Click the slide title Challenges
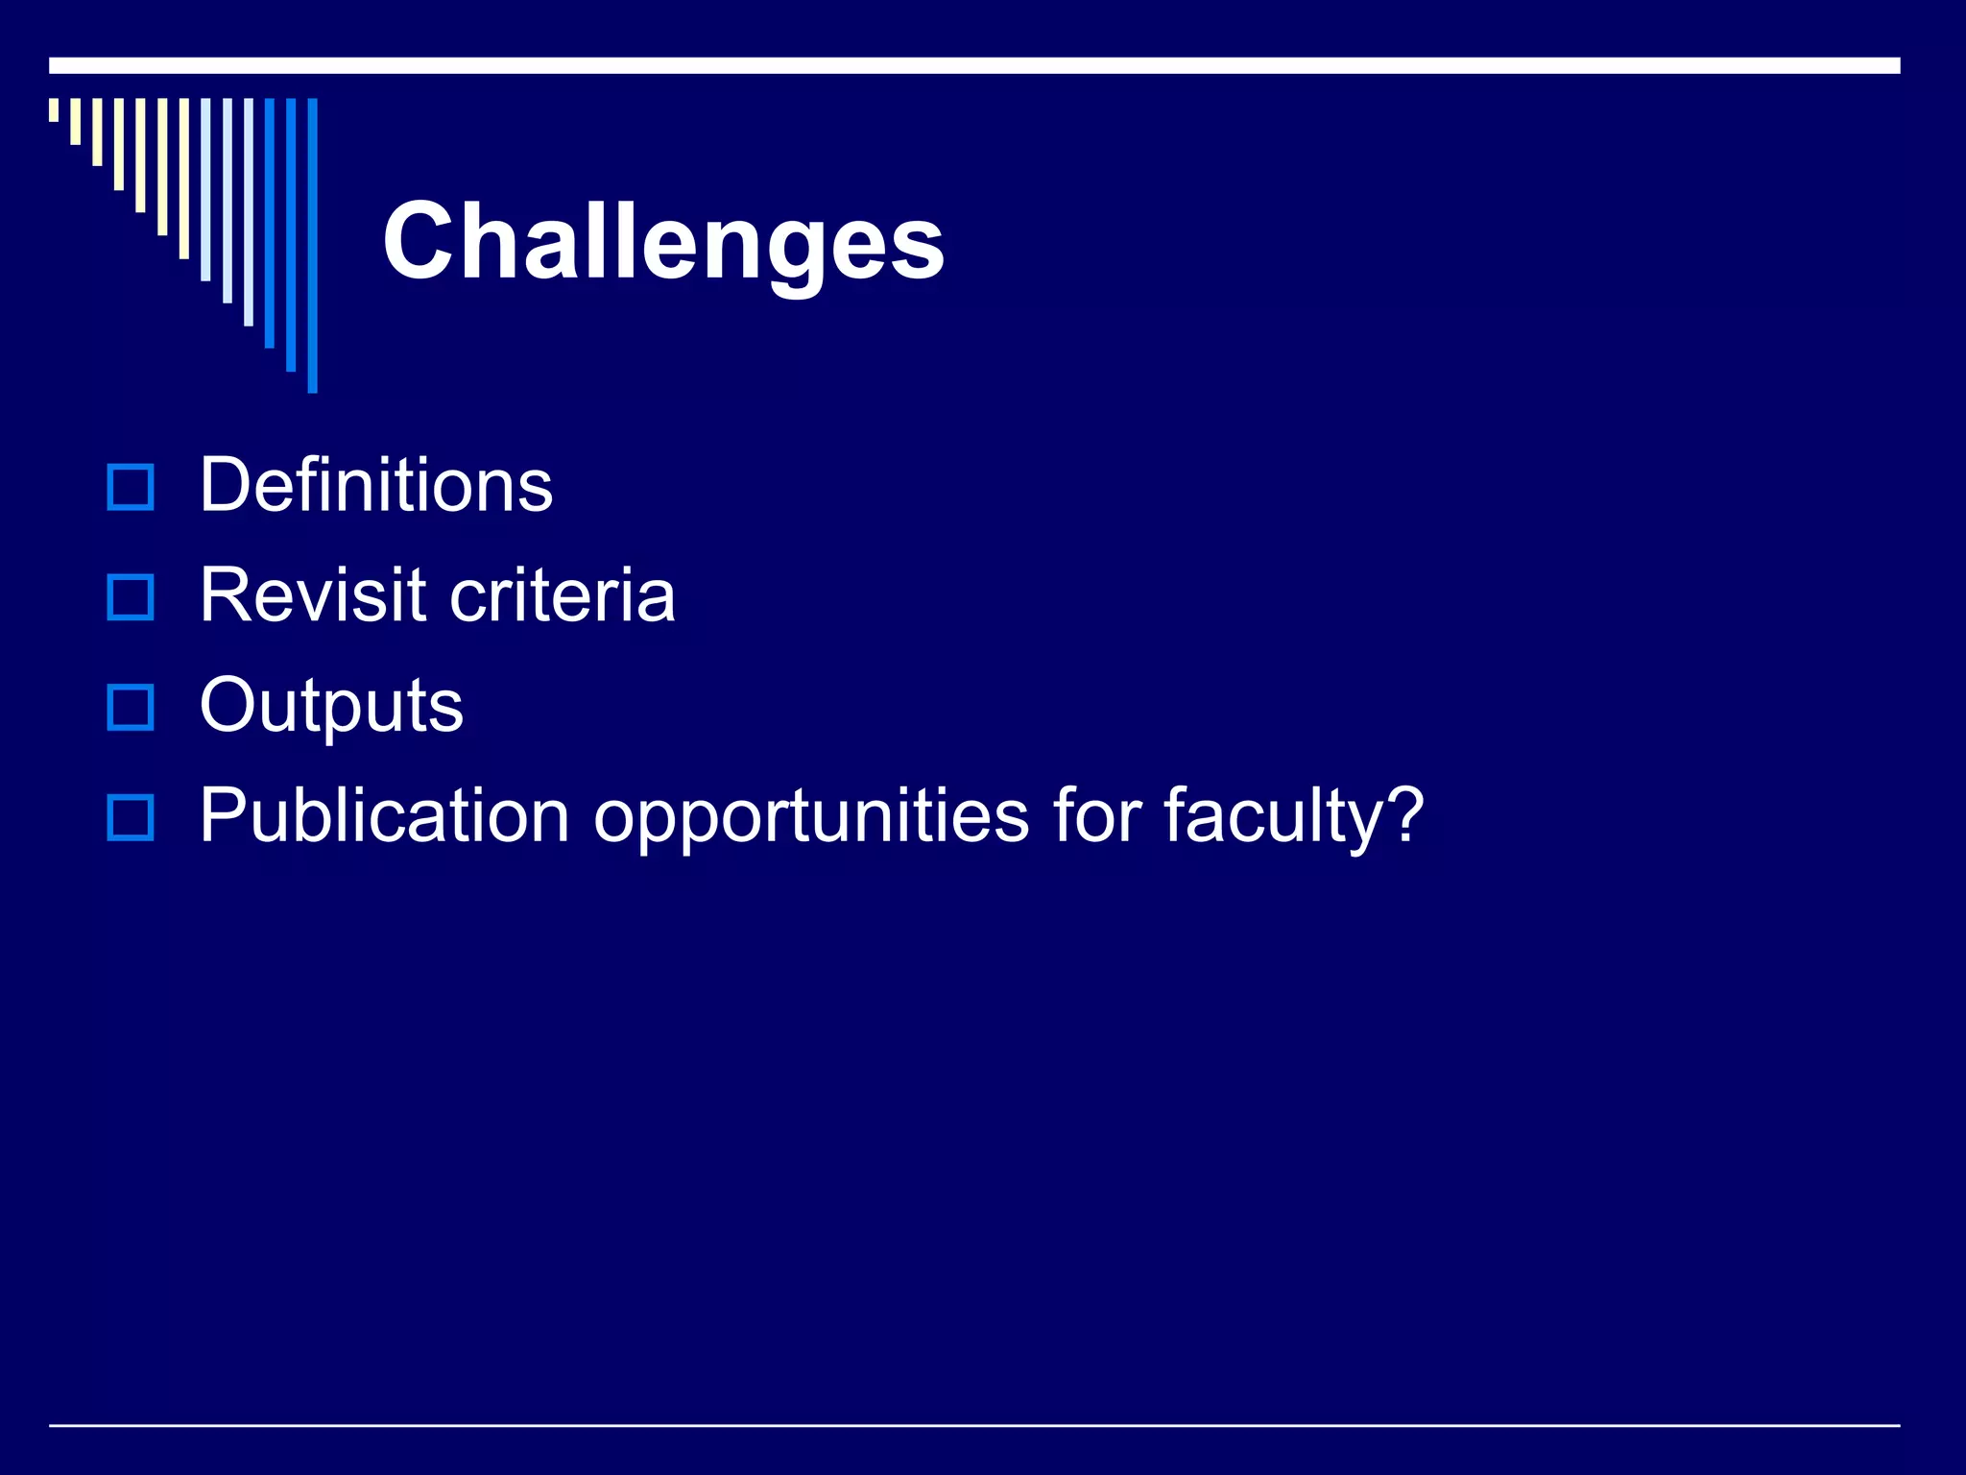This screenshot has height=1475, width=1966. tap(662, 242)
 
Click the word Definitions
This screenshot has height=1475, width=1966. tap(375, 485)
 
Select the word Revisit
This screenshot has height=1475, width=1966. tap(312, 595)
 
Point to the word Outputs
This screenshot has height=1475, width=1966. tap(331, 706)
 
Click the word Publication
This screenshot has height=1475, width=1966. tap(384, 816)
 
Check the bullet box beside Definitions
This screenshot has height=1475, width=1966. tap(131, 487)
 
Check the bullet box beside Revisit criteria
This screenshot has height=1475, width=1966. tap(131, 597)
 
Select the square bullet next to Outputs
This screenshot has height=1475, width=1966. tap(131, 708)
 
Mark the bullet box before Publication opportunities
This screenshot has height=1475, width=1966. tap(131, 818)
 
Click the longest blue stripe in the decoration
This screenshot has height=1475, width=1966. tap(312, 245)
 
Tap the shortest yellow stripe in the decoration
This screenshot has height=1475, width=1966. tap(54, 109)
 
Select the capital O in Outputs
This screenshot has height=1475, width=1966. tap(229, 705)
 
